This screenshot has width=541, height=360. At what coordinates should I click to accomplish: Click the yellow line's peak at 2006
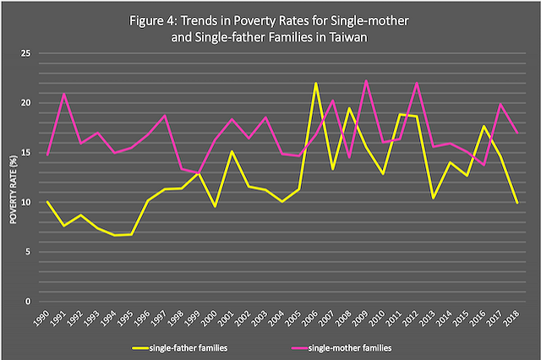pos(315,84)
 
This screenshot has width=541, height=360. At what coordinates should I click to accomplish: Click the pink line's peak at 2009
pos(365,81)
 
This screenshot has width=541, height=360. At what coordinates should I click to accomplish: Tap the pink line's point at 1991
pos(64,94)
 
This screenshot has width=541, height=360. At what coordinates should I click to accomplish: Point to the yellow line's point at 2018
pos(516,203)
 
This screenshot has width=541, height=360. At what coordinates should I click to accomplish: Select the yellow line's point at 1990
pos(48,202)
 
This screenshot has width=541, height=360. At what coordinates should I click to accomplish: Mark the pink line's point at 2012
pos(416,83)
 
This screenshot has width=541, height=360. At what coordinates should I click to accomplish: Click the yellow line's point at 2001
pos(232,151)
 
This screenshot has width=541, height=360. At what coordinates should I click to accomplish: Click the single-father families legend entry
pos(188,347)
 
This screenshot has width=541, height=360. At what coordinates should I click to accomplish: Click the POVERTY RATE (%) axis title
pos(13,177)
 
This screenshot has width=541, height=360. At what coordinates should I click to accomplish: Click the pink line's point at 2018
pos(516,133)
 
